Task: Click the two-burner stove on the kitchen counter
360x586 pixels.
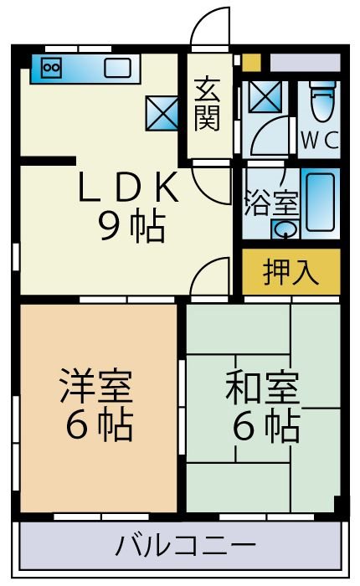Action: click(51, 67)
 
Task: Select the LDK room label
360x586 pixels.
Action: click(128, 190)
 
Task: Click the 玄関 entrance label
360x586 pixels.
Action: click(208, 104)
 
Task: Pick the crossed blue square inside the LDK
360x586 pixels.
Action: click(162, 111)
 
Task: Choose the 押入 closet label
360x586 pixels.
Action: click(291, 273)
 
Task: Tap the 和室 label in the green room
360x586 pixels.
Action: click(261, 390)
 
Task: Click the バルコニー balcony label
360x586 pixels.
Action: click(180, 548)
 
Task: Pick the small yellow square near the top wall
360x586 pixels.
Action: click(251, 63)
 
